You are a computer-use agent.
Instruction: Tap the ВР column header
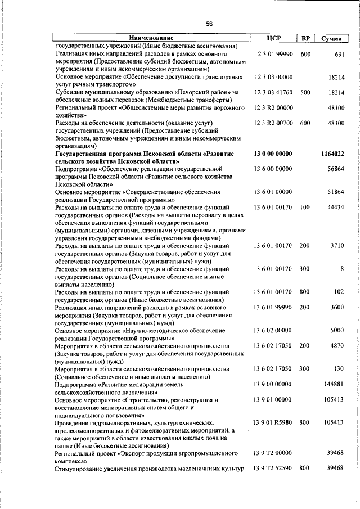click(x=305, y=38)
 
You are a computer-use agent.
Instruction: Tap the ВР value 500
click(x=305, y=92)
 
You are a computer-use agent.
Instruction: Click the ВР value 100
click(x=305, y=207)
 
